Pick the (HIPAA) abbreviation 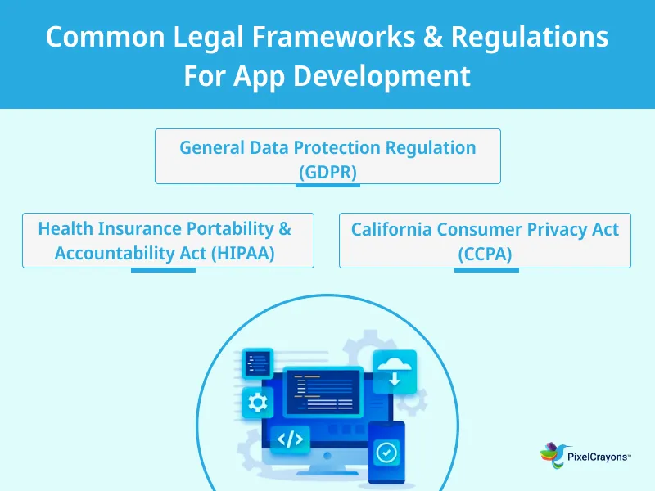[242, 254]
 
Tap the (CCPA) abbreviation [485, 255]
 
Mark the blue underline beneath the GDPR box [327, 186]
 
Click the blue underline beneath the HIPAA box [163, 270]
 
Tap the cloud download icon [395, 372]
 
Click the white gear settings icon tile [257, 402]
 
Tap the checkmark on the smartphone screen [386, 451]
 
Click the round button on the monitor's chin [328, 454]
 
